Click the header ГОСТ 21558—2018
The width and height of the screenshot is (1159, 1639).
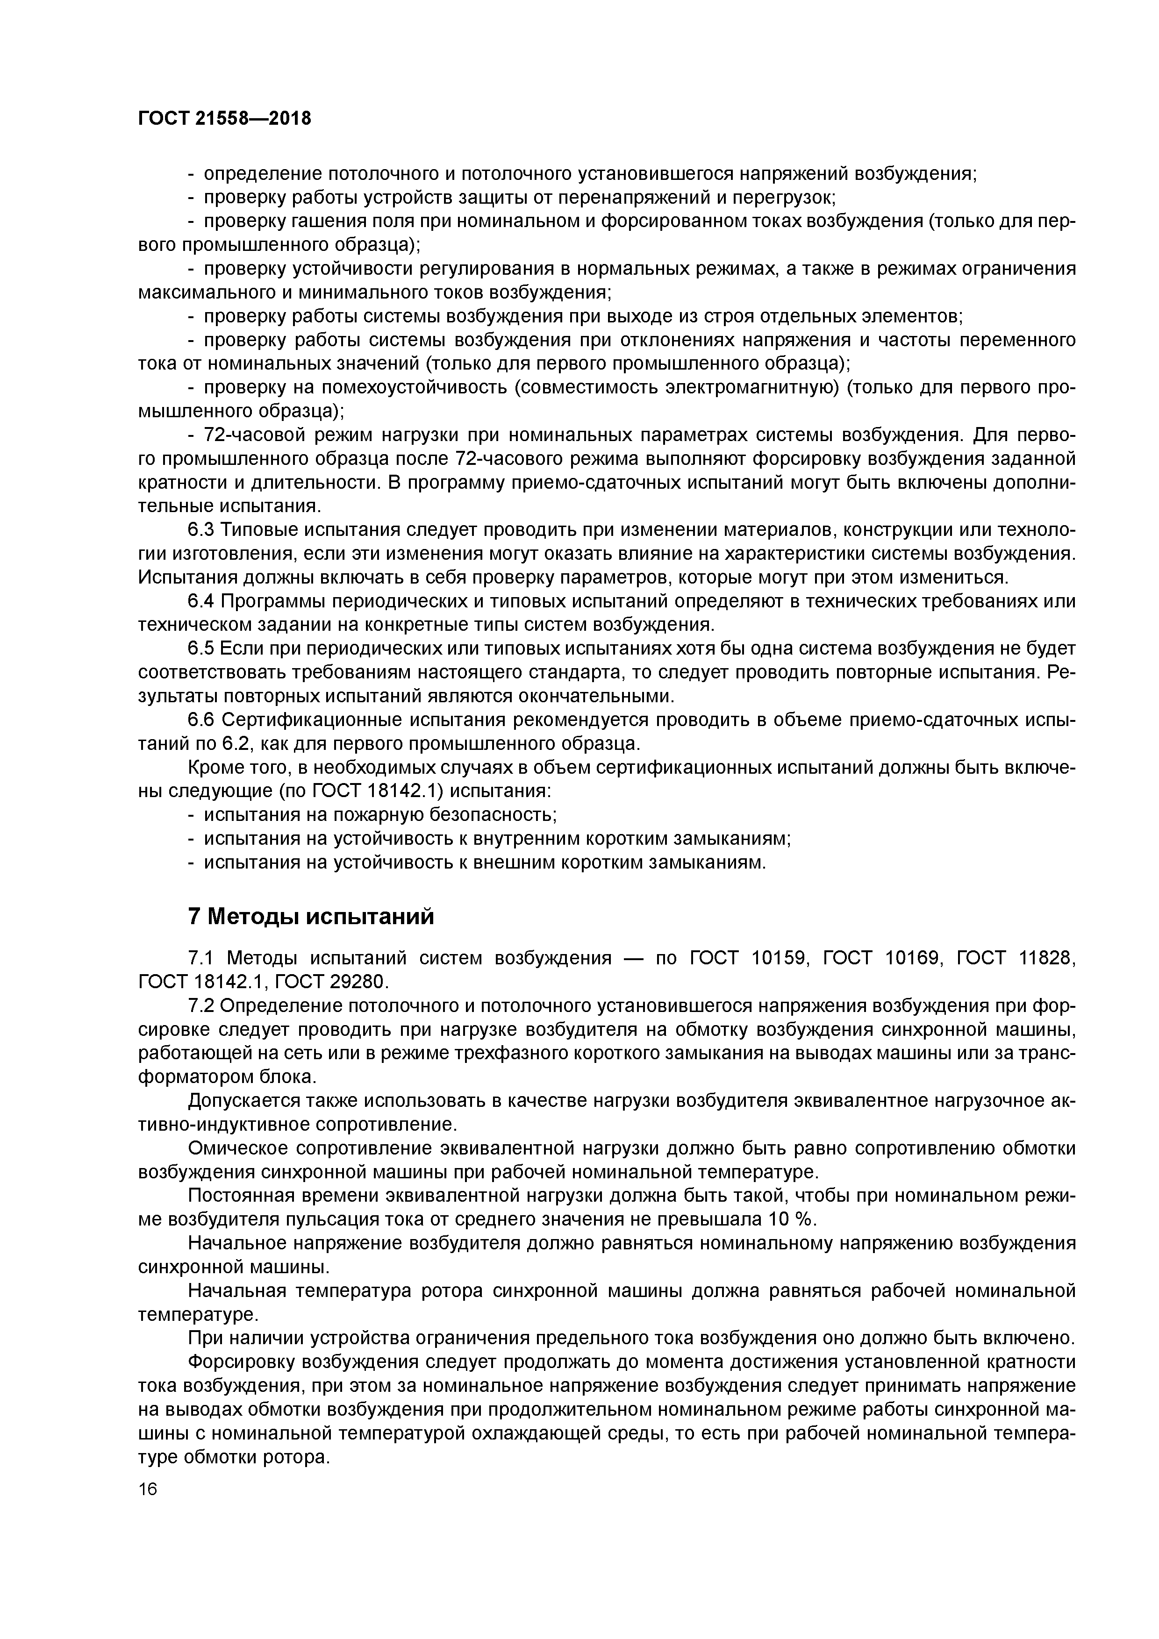click(x=224, y=119)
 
